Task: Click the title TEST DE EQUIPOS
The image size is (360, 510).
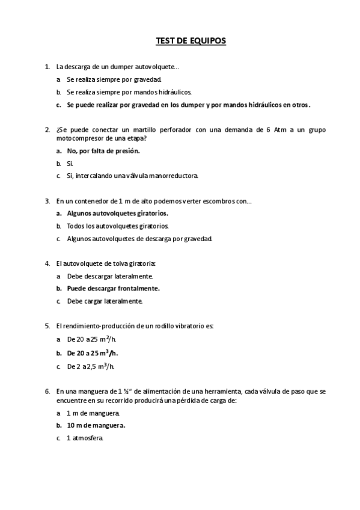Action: tap(191, 41)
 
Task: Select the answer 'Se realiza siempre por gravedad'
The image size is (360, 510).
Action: tap(114, 79)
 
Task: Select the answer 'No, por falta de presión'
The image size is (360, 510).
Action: tap(103, 150)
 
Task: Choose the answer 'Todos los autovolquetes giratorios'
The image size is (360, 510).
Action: tap(118, 226)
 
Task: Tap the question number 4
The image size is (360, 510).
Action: tap(47, 263)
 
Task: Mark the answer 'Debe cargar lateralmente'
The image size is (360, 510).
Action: tap(105, 301)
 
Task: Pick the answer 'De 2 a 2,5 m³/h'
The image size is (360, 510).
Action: tap(91, 365)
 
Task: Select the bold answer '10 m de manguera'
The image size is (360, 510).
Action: tap(96, 425)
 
